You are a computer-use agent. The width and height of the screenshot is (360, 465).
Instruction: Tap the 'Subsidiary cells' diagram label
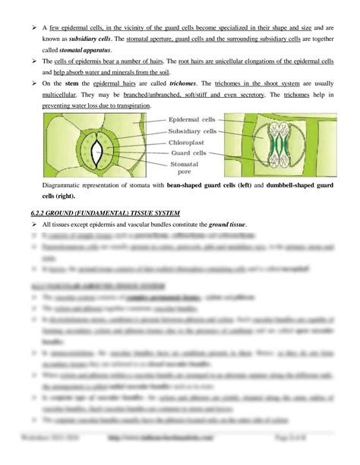coord(190,130)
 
